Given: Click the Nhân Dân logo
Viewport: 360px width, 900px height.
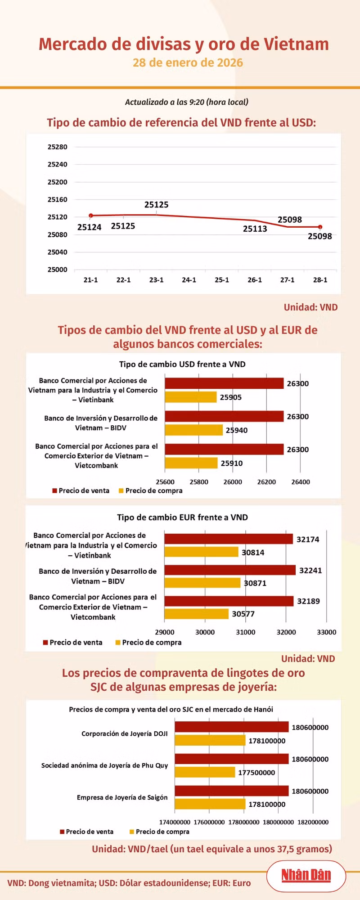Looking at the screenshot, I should pos(306,875).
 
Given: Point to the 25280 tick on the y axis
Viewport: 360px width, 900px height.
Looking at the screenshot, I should pos(58,147).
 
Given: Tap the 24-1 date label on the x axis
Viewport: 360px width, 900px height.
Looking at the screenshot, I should pos(189,280).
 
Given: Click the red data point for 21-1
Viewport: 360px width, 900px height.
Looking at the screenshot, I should pos(91,216).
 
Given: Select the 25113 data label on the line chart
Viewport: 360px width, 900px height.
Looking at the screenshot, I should pos(255,229).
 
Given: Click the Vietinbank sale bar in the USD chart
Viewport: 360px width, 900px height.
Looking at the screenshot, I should pos(224,383).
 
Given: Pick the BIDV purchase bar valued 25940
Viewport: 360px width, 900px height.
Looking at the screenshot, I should pos(194,430).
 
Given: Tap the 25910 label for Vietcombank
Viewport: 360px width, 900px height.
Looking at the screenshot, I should pos(232,463).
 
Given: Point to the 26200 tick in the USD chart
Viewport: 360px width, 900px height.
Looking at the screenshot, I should pos(266,482).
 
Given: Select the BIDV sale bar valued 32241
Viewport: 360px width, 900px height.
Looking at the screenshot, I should pos(230,570).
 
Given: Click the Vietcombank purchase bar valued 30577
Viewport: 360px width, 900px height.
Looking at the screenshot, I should pos(197,614).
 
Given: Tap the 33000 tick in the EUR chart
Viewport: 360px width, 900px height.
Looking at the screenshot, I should pos(327,632).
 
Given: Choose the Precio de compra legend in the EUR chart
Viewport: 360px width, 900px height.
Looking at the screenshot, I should pos(148,643).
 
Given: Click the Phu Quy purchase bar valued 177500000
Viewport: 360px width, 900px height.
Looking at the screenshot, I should pos(205,772).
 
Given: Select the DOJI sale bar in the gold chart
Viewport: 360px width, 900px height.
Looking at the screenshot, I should pos(232,727).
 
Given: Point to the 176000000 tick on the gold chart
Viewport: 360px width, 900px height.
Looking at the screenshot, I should pos(209,822).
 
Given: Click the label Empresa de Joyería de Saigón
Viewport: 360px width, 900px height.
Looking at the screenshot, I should pos(122,797).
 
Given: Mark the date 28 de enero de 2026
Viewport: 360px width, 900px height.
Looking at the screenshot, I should pos(188,63).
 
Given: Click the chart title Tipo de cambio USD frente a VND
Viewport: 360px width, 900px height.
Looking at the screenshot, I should pos(182,364).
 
